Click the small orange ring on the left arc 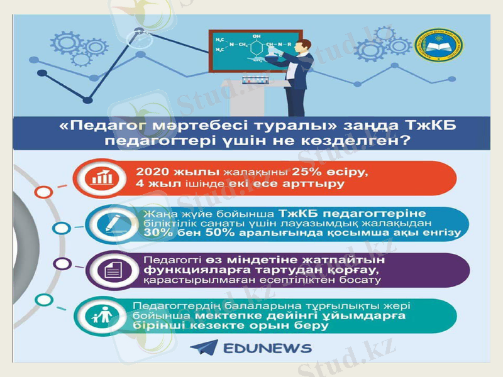43,192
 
